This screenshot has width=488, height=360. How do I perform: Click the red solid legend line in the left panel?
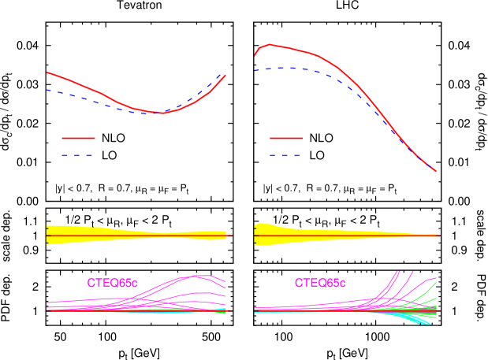tap(78, 138)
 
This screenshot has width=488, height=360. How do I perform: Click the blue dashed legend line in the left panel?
tap(78, 156)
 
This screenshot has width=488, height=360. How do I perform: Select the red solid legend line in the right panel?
tap(286, 138)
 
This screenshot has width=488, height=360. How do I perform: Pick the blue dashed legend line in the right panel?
tap(286, 156)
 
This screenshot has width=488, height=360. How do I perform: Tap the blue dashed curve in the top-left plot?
tap(79, 98)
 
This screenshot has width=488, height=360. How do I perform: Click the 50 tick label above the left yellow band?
tap(59, 213)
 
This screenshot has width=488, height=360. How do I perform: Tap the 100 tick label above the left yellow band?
tap(107, 213)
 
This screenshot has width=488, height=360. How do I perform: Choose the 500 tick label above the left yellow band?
tap(210, 213)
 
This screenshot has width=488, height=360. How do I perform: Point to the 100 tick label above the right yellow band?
tap(282, 213)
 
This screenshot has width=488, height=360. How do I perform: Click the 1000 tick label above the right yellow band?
tap(378, 213)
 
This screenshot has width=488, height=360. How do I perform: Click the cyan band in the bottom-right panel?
tap(418, 318)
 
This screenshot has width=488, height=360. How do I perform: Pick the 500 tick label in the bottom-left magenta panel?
tap(210, 275)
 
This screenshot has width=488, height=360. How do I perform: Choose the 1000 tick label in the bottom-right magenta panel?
tap(378, 275)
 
